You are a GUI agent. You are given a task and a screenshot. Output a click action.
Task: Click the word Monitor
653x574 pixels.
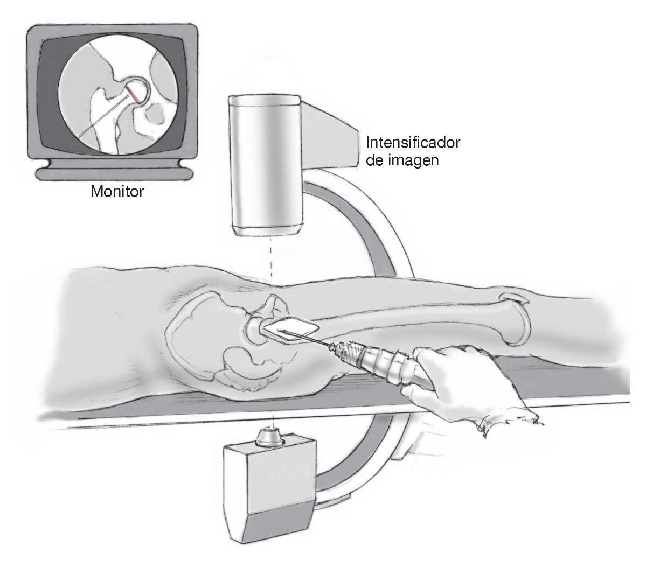click(x=117, y=191)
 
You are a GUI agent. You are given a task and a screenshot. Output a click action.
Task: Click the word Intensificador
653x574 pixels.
click(x=413, y=143)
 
